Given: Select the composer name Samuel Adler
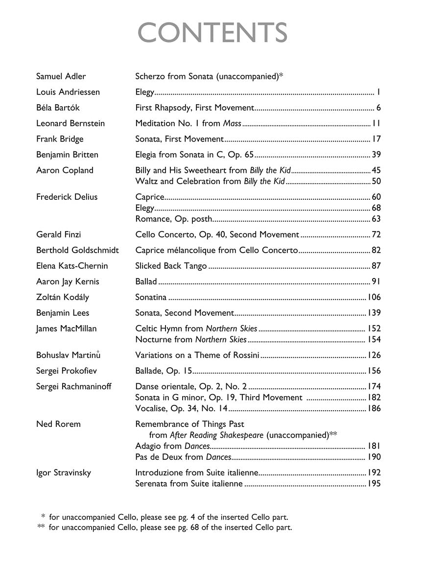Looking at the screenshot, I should click(61, 76).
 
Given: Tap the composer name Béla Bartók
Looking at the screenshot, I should click(58, 108).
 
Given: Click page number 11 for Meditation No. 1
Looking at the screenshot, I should click(376, 123).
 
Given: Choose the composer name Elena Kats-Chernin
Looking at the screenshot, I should click(72, 266).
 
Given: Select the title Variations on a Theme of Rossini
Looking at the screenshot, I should click(197, 355).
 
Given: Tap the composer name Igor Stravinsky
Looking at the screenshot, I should click(64, 473).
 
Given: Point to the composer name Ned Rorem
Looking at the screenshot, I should click(58, 424).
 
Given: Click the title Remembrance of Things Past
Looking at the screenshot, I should click(189, 424).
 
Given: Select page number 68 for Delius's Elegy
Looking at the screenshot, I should click(376, 208).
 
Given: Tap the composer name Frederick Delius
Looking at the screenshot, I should click(67, 197).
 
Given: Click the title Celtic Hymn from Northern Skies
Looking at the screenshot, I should click(196, 329).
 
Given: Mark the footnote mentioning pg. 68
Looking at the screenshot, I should click(165, 528).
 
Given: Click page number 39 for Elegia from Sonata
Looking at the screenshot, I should click(376, 155).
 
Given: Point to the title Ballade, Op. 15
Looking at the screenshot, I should click(164, 371).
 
